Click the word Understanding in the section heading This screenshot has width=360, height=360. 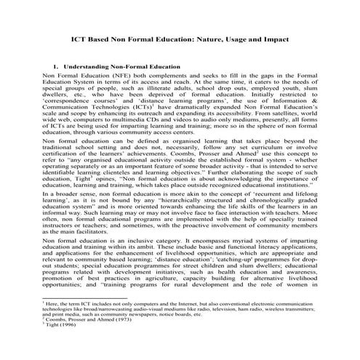click(94, 65)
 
